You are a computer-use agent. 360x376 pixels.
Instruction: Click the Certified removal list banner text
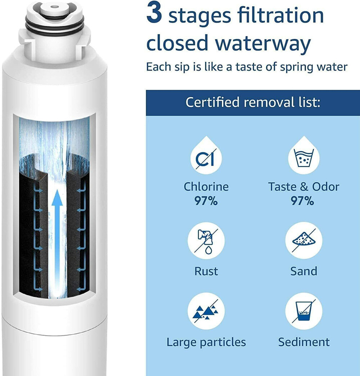point(253,102)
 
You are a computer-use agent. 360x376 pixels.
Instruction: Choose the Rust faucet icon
point(206,240)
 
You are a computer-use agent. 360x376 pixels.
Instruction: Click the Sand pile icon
point(303,240)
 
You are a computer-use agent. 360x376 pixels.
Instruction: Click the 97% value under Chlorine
point(206,201)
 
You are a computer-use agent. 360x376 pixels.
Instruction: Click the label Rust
point(206,271)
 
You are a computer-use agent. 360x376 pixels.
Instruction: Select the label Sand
point(303,271)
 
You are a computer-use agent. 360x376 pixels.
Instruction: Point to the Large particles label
point(206,342)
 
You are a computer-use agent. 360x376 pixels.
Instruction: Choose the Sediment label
point(303,342)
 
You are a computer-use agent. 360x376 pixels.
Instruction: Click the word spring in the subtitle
point(291,67)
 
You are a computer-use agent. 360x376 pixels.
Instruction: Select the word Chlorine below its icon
point(206,187)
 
